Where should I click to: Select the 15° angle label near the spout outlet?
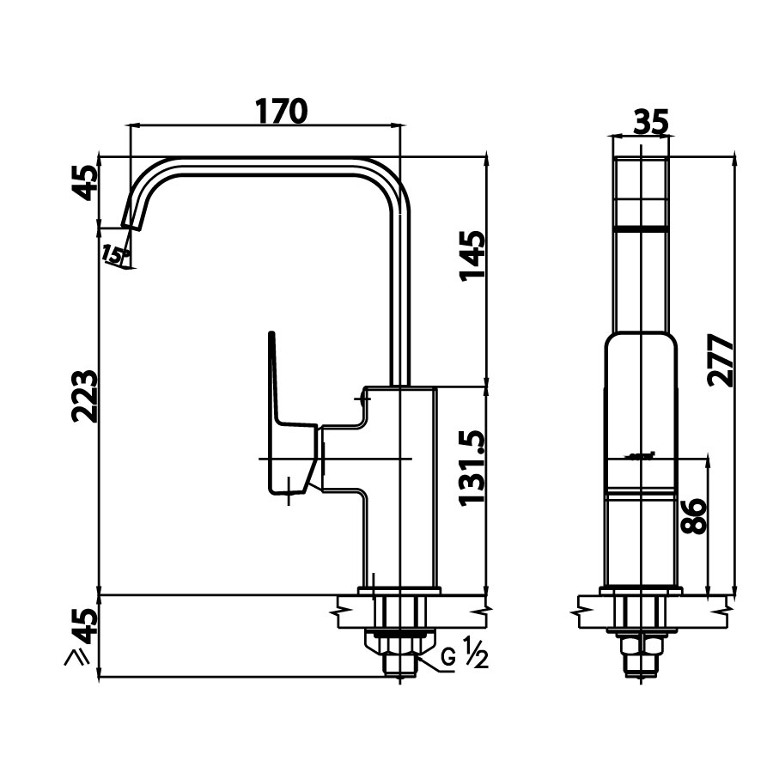pyautogui.click(x=113, y=254)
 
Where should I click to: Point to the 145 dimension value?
pyautogui.click(x=472, y=255)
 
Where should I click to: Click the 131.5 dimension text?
pyautogui.click(x=472, y=467)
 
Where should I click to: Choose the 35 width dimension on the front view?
pyautogui.click(x=650, y=123)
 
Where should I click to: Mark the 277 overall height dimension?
pyautogui.click(x=722, y=361)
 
